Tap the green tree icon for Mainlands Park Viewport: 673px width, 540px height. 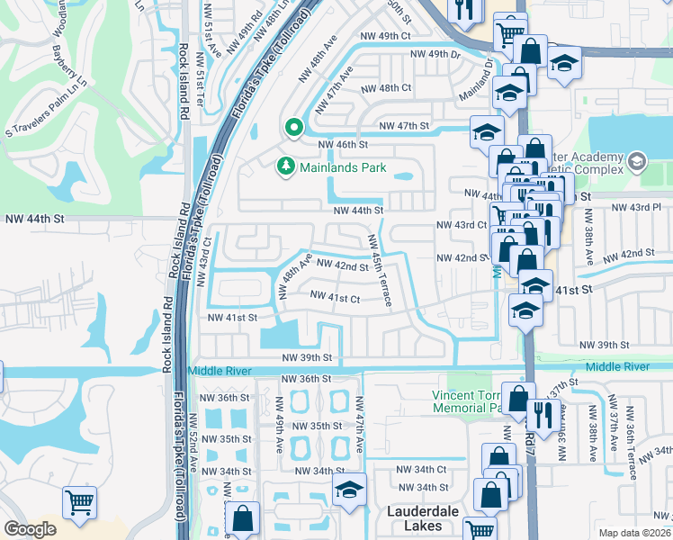coord(286,166)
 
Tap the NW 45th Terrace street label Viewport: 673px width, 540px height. coord(379,271)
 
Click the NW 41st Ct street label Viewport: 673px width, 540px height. coord(335,297)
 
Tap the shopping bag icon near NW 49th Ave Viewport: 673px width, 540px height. coord(242,517)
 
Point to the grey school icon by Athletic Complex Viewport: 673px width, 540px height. coord(637,162)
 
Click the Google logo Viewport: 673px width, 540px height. coord(30,529)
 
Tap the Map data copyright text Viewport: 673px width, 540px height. coord(634,533)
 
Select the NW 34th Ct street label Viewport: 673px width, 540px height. coord(424,469)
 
